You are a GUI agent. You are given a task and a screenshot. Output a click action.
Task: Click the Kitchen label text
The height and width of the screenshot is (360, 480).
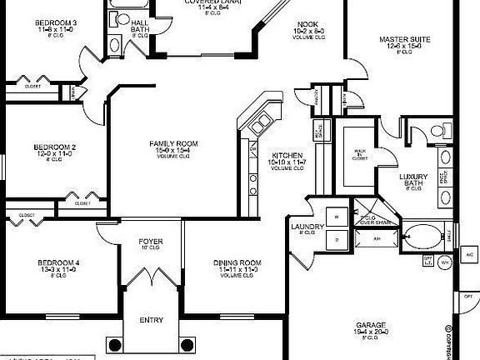tap(288, 156)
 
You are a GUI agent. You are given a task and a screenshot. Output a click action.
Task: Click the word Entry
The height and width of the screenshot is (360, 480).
tap(151, 320)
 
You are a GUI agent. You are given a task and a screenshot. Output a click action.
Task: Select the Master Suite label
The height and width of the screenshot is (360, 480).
tap(403, 39)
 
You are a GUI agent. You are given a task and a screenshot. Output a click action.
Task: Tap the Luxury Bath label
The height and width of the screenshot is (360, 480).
tap(414, 177)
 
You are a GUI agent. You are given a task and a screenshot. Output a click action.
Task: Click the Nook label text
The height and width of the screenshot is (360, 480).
tap(307, 26)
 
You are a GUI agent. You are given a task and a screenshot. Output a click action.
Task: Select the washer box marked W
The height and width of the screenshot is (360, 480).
tap(337, 215)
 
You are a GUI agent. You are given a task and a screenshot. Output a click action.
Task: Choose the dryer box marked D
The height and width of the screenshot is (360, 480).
tap(337, 239)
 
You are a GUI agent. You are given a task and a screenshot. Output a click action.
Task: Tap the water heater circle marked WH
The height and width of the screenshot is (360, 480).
tap(444, 262)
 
